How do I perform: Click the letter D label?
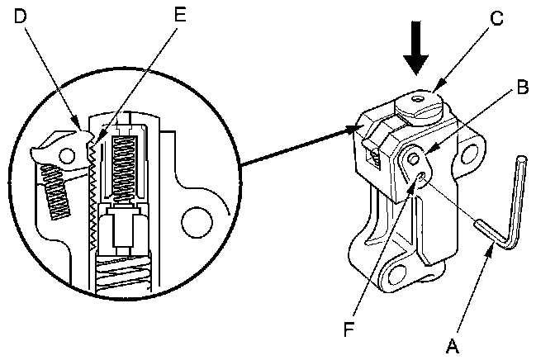[20, 16]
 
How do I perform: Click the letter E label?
[180, 15]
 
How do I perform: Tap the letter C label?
[497, 18]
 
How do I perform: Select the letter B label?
[523, 87]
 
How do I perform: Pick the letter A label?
[453, 346]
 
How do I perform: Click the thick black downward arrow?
[416, 48]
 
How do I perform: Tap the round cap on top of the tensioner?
[419, 107]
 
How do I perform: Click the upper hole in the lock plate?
[413, 159]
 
